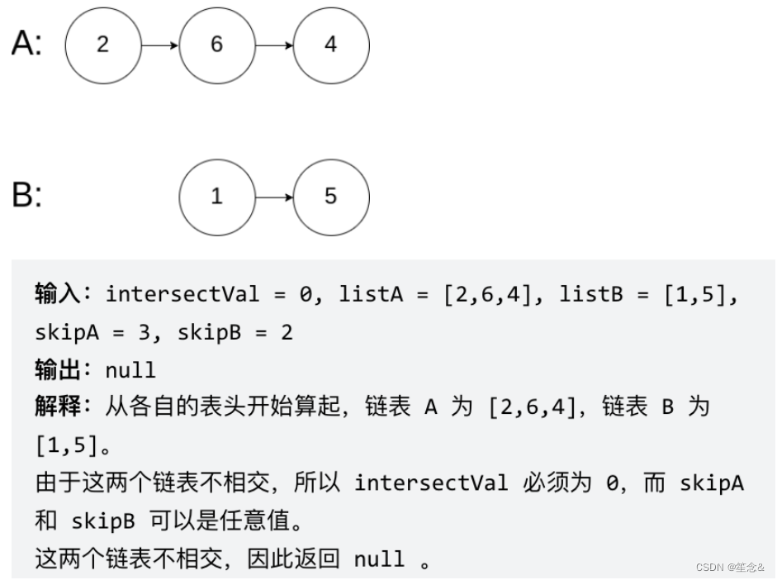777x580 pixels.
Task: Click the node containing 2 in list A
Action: point(102,45)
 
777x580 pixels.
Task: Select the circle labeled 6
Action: point(216,45)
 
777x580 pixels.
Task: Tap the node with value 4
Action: point(330,45)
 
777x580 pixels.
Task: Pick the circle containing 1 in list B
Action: point(216,197)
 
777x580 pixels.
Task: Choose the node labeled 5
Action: point(330,197)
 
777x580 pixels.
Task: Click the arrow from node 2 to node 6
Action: point(159,45)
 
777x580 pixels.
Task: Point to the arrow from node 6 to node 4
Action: point(273,45)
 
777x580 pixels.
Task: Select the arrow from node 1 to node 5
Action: point(273,197)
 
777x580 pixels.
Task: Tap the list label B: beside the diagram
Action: point(26,197)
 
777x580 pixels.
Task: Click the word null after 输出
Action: point(130,370)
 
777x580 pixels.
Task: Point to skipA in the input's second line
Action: point(69,332)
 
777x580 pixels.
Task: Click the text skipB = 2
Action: point(237,332)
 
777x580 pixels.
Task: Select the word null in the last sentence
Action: point(379,559)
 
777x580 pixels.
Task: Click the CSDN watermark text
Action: point(730,568)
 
